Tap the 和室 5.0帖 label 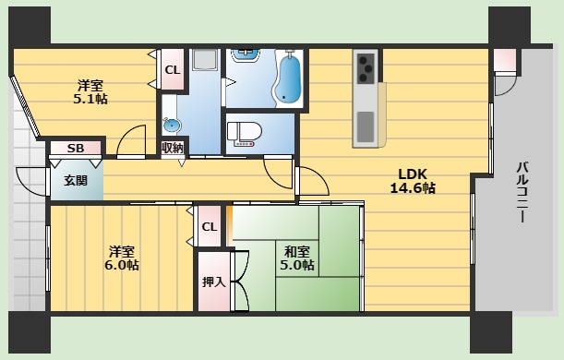point(296,258)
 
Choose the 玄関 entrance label point(76,181)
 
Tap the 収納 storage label point(172,148)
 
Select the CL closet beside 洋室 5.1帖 point(172,70)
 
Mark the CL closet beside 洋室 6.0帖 point(210,227)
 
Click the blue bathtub point(289,79)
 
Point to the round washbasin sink point(170,126)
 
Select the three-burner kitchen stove point(365,67)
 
